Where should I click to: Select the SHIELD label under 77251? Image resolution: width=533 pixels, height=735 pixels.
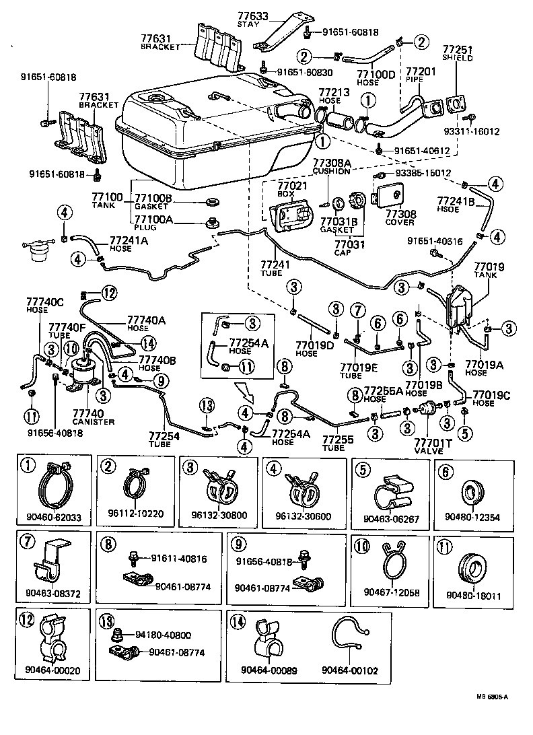(x=457, y=59)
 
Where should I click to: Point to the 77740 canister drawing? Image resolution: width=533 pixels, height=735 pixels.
(x=85, y=374)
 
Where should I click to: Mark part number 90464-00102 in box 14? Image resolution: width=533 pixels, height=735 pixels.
(x=349, y=670)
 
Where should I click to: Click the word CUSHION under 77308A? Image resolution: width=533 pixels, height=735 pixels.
(x=331, y=171)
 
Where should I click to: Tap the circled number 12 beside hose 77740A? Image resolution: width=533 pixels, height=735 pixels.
(x=109, y=293)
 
